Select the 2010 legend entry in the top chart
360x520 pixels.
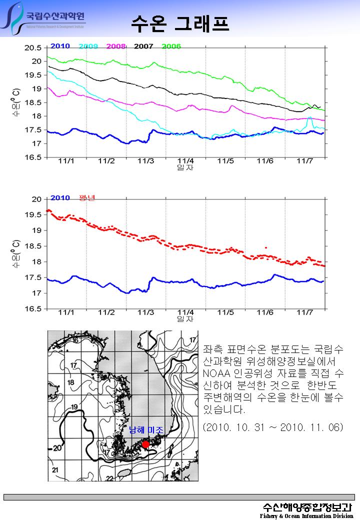60,46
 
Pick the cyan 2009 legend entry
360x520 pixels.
88,46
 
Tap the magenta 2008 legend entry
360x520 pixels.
116,46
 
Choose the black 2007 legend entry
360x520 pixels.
143,46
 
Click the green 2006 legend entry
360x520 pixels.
171,46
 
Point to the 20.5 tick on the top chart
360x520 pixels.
33,48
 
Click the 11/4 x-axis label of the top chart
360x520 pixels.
185,161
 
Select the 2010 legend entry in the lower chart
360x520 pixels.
60,197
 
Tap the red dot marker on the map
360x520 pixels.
145,444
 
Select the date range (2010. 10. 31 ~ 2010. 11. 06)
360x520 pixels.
273,428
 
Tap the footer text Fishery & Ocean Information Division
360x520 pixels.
306,515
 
